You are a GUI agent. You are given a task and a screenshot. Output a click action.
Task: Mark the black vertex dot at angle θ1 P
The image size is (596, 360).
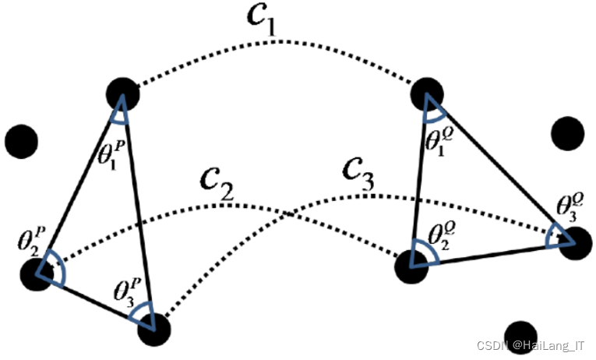tap(123, 93)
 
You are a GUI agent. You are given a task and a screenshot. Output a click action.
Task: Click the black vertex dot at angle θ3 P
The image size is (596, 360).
tap(153, 328)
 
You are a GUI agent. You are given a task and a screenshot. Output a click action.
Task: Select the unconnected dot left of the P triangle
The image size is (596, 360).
tap(21, 141)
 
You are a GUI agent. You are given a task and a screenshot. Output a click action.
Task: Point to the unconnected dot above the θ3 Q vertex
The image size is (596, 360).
tap(568, 133)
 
